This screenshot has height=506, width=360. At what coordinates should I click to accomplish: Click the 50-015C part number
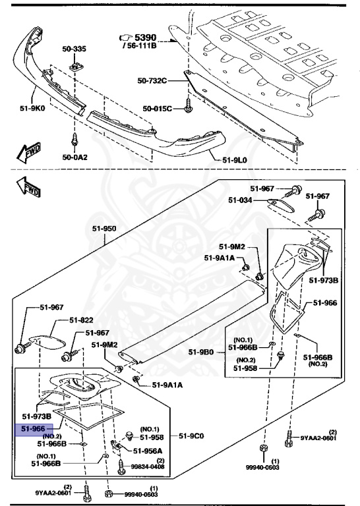(x=158, y=108)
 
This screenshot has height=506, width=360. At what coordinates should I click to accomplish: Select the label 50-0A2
(x=75, y=157)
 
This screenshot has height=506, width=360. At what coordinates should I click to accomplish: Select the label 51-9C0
(x=193, y=436)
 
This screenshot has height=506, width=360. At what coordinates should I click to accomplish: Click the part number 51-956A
(x=148, y=451)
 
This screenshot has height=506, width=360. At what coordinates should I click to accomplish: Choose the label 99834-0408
(x=147, y=467)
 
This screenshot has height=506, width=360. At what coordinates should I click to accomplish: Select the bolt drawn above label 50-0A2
(x=74, y=140)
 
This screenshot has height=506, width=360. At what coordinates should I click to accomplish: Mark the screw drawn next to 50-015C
(x=188, y=103)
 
